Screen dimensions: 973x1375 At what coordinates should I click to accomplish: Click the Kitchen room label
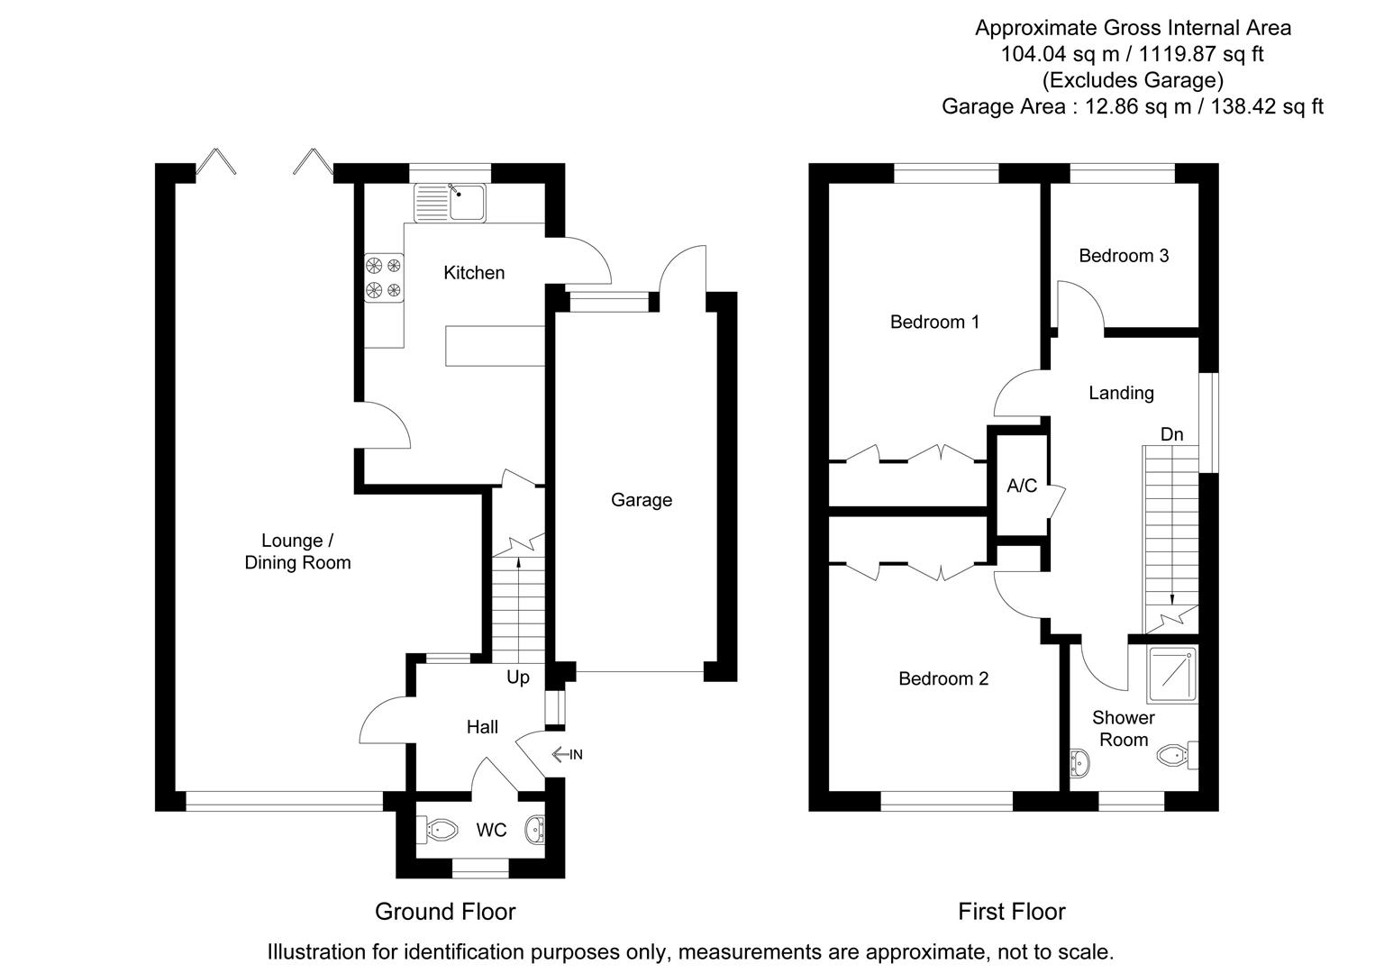(474, 272)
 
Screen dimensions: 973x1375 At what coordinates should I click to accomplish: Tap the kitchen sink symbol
(450, 203)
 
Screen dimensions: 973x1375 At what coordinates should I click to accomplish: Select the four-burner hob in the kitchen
(384, 277)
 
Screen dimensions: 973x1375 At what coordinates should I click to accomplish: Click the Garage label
(642, 500)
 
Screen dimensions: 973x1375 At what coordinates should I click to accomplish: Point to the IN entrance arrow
(567, 754)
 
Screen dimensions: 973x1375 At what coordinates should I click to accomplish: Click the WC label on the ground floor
(491, 830)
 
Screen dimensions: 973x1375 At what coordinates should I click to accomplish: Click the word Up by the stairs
(518, 677)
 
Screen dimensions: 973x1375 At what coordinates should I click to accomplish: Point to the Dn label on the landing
(1171, 434)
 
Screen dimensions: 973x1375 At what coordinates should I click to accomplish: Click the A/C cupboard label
(1022, 486)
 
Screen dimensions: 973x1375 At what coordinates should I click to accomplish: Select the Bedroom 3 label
(1124, 256)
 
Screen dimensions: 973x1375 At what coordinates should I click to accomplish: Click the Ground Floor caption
(445, 912)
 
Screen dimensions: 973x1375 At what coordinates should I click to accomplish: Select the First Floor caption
(1011, 912)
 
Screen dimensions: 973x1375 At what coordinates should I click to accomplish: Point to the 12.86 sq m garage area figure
(1126, 106)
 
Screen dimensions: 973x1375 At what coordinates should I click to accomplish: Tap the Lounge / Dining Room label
(297, 551)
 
